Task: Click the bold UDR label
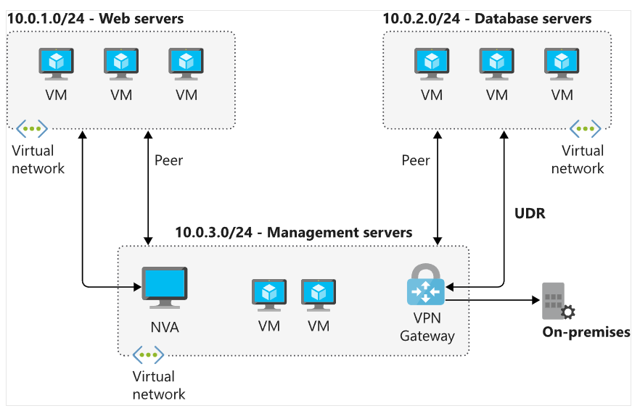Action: [x=529, y=215]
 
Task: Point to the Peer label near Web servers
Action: [x=169, y=160]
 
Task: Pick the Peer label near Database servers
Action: [x=416, y=160]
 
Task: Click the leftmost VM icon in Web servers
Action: [x=56, y=64]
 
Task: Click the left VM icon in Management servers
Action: [x=269, y=294]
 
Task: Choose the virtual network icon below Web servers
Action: [x=32, y=128]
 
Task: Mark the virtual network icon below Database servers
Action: [x=585, y=128]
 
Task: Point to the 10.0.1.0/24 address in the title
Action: [x=44, y=18]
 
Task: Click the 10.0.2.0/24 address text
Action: [x=420, y=18]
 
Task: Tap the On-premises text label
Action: [x=586, y=332]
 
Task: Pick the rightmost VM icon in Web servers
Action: [x=186, y=64]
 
